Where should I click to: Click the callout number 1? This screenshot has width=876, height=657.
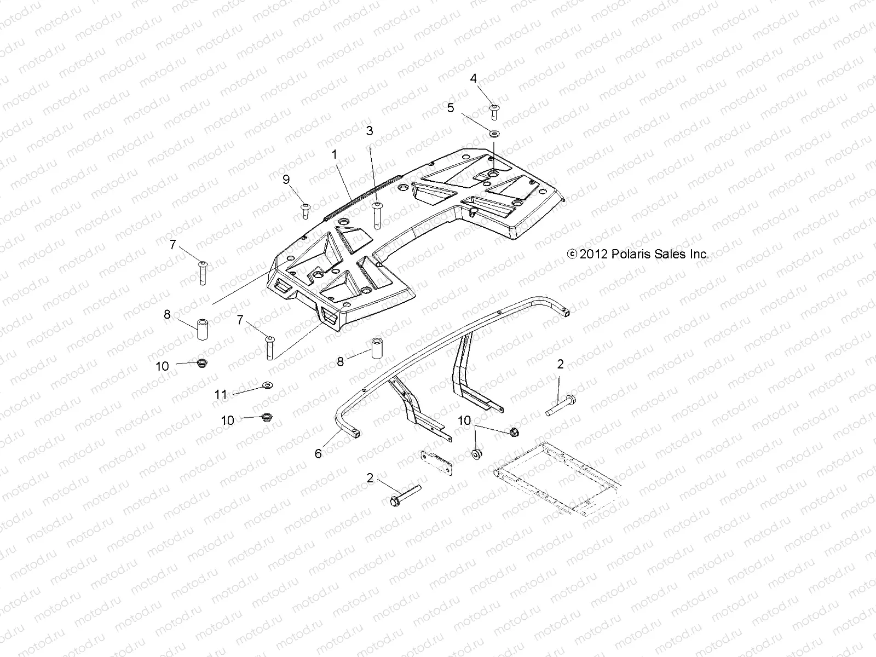tap(334, 155)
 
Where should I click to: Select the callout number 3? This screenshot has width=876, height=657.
tap(370, 131)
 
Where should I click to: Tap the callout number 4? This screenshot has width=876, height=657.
tap(474, 78)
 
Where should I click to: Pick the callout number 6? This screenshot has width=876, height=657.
tap(318, 453)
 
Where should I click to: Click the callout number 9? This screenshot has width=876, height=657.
tap(286, 179)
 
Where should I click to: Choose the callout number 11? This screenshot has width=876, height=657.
tap(221, 394)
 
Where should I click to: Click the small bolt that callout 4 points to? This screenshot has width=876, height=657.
tap(494, 111)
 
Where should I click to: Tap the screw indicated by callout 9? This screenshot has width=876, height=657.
tap(305, 210)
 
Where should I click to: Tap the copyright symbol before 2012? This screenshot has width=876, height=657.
tap(572, 254)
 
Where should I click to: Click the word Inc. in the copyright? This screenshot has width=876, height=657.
tap(698, 254)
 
